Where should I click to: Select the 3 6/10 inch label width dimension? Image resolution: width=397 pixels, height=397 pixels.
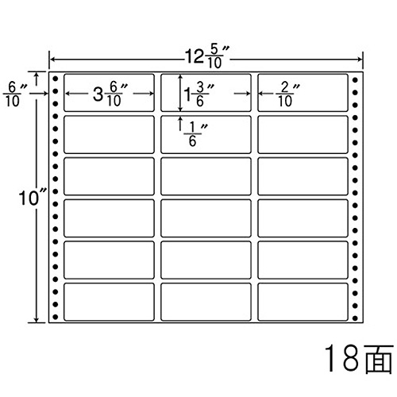[x=110, y=94]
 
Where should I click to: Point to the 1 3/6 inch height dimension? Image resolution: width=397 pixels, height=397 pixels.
[x=198, y=94]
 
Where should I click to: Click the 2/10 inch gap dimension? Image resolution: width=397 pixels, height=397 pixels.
[x=287, y=94]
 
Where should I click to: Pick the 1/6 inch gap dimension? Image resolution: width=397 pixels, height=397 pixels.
[x=195, y=134]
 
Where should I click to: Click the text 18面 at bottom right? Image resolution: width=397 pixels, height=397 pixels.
[x=359, y=358]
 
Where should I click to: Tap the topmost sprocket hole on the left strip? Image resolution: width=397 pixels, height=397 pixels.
[x=56, y=79]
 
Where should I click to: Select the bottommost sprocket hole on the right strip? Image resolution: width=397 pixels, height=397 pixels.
[x=355, y=318]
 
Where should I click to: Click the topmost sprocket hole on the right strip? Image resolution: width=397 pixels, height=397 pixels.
[x=355, y=79]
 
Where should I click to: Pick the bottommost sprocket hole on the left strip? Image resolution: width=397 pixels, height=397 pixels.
[x=56, y=317]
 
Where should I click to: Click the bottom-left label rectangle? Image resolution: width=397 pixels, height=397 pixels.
[x=109, y=302]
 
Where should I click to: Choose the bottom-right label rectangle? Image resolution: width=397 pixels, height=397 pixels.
[x=303, y=302]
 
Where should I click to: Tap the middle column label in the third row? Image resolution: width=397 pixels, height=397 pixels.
[x=206, y=176]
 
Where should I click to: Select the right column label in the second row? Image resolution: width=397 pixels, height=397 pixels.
[x=303, y=134]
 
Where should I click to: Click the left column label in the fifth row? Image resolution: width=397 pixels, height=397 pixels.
[x=109, y=260]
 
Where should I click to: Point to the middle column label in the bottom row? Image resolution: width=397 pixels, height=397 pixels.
[x=206, y=302]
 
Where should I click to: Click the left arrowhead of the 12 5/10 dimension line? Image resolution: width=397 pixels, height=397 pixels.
[x=50, y=60]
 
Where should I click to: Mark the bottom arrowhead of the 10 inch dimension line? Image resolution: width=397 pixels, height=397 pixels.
[x=37, y=321]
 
